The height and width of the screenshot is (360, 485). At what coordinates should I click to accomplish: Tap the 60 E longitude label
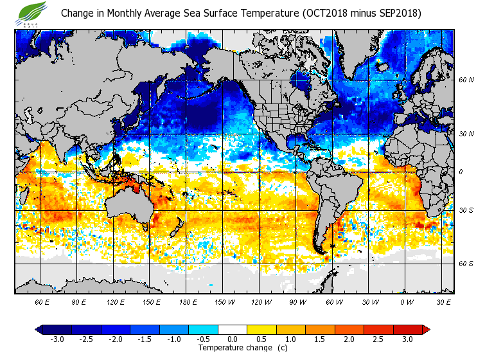pos(42,301)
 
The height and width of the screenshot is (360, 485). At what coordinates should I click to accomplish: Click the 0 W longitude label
pos(407,301)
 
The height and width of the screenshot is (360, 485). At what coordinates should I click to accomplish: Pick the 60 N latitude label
pos(466,80)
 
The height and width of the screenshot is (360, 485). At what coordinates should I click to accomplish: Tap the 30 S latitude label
pos(466,210)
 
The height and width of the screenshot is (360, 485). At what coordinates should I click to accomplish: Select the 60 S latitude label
pos(466,264)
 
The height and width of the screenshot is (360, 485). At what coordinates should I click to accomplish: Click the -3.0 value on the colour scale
pos(57,339)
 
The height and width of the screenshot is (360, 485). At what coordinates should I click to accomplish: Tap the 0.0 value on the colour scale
pos(232,339)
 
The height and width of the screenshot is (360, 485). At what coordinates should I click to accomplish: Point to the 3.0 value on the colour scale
pos(407,339)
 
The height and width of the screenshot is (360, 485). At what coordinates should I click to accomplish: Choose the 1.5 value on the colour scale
pos(320,339)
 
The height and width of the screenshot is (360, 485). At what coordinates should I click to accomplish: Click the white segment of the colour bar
pos(232,329)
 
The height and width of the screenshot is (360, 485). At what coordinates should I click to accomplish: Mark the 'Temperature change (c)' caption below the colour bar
pos(233,348)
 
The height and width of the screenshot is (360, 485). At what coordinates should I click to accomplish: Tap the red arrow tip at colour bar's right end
pos(426,329)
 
